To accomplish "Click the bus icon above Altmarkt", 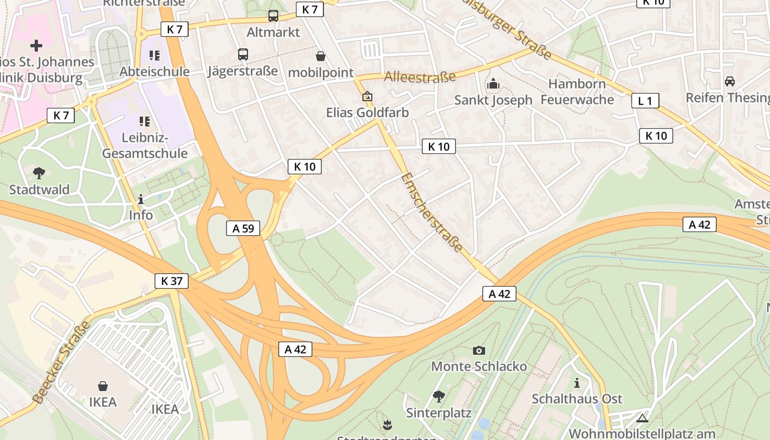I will [273, 16].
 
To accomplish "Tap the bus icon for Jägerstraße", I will [243, 54].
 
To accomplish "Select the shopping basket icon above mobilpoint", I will [321, 56].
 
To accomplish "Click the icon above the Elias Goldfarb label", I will [367, 97].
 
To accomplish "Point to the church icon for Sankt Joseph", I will [493, 84].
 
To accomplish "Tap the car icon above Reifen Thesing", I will [729, 81].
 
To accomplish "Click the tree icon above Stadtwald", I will [39, 174].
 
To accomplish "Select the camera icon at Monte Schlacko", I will [479, 350].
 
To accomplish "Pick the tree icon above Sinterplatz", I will [438, 396].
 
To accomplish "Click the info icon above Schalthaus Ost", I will [576, 383].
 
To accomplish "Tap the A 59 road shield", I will [243, 228].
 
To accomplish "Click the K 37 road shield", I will [172, 281].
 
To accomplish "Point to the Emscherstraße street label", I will [432, 212].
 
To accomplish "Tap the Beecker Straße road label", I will [61, 363].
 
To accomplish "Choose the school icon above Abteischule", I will [154, 56].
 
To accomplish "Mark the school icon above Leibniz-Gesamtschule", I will [145, 121].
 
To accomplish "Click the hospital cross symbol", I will [36, 45].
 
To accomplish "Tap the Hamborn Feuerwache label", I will [577, 92].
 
